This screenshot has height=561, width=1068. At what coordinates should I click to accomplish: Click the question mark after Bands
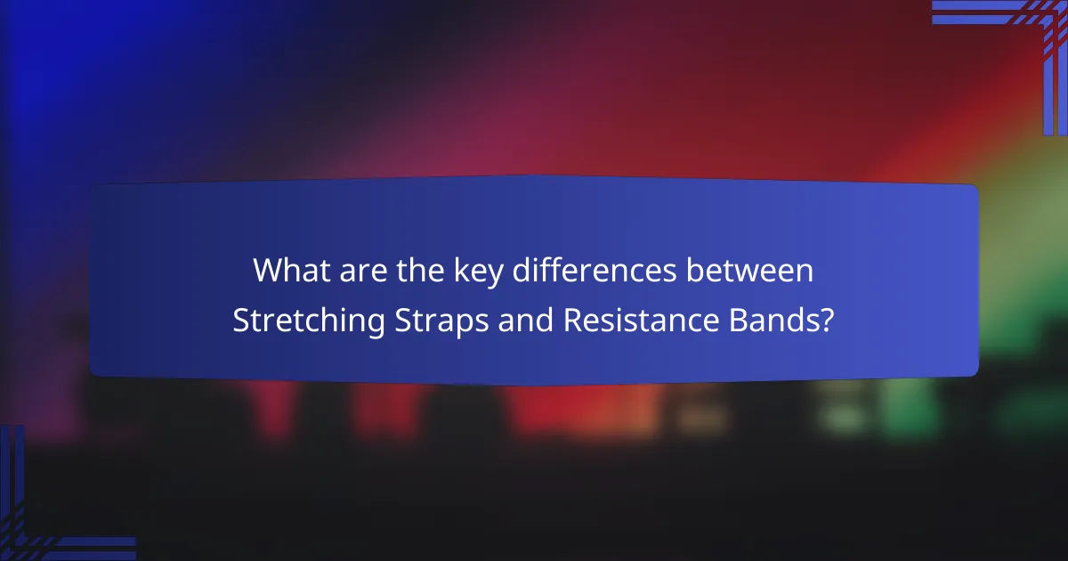828,321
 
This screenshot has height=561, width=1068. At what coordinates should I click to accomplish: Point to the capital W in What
267,271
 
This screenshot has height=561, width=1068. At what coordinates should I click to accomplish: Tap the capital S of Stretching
240,321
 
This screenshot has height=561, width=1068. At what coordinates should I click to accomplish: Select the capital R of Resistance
572,321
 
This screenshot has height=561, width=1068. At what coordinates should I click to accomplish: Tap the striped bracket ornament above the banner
1023,36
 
